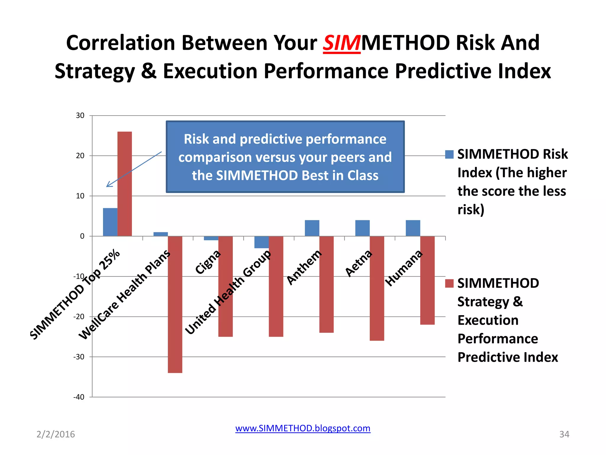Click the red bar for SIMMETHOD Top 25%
point(125,184)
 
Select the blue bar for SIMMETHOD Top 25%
point(110,222)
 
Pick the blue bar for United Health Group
point(262,242)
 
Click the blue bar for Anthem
point(312,228)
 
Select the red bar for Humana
point(427,280)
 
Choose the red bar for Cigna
point(225,286)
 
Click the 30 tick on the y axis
point(80,116)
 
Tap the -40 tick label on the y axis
point(79,397)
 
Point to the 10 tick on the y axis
point(80,196)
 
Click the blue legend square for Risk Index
point(449,154)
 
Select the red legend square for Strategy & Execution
point(449,283)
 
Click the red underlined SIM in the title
point(341,43)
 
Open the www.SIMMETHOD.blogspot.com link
point(303,428)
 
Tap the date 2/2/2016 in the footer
point(56,434)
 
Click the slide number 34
point(564,434)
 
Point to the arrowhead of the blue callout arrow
point(107,186)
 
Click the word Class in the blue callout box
point(363,175)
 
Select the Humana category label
point(404,268)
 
